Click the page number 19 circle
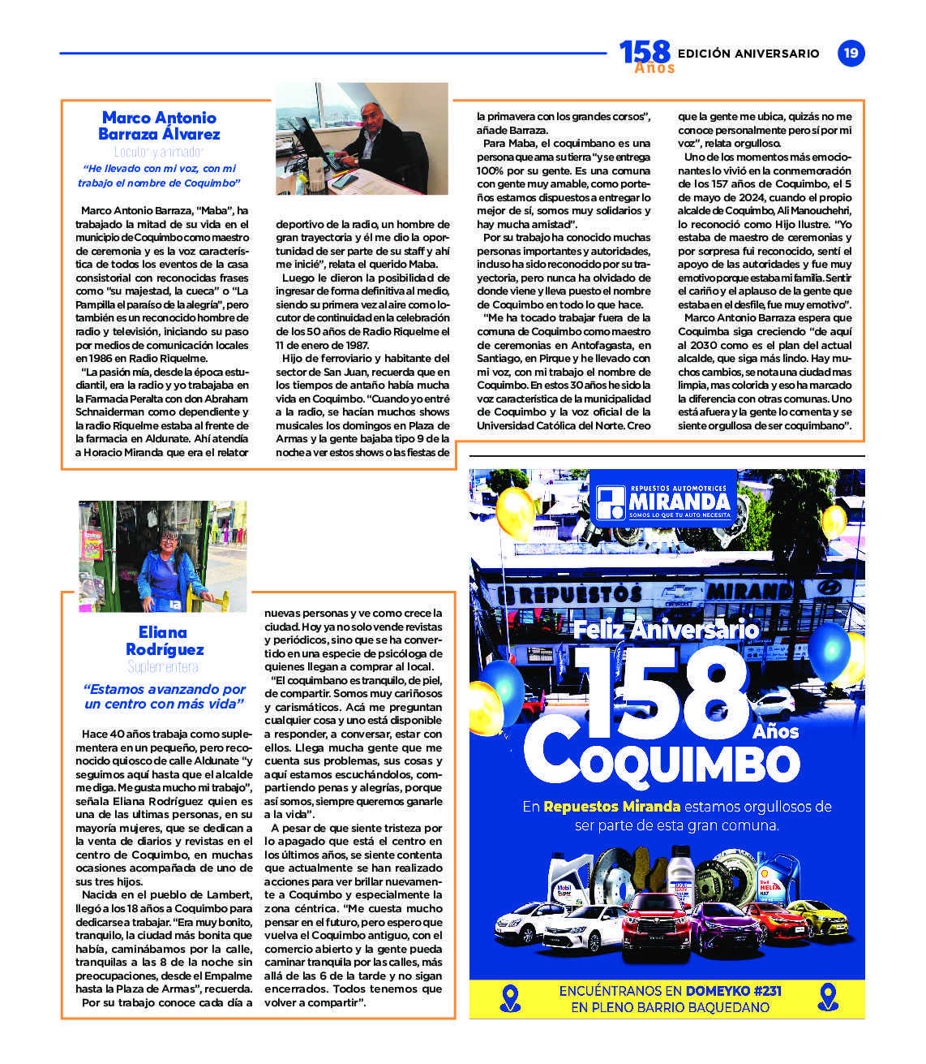(x=851, y=54)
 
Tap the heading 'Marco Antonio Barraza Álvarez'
(x=160, y=126)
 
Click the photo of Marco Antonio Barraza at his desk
(x=362, y=139)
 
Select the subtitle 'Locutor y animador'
(x=159, y=152)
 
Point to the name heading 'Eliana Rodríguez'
(x=164, y=640)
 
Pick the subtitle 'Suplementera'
(x=163, y=667)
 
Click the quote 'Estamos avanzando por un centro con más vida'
(x=164, y=696)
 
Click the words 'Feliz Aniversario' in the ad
(x=667, y=629)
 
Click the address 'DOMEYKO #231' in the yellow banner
(x=733, y=991)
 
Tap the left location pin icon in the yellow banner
(x=510, y=998)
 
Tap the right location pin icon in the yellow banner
(x=827, y=997)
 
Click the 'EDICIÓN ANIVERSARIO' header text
(x=748, y=54)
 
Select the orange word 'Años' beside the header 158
(x=654, y=68)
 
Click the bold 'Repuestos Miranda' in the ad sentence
(x=611, y=807)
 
